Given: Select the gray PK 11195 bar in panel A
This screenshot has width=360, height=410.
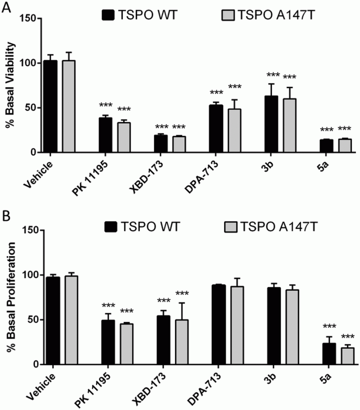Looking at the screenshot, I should (x=124, y=137).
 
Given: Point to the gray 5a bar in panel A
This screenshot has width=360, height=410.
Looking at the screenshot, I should (x=344, y=145).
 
